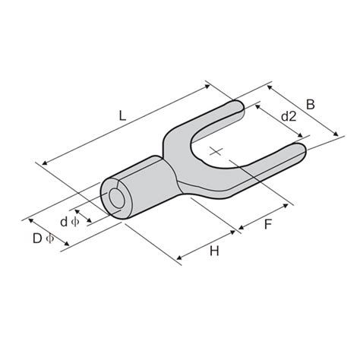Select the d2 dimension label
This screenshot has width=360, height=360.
[x=288, y=116]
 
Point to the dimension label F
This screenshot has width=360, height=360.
[x=268, y=224]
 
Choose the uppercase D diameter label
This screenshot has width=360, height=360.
[x=36, y=238]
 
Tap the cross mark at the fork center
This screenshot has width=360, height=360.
[x=217, y=151]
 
